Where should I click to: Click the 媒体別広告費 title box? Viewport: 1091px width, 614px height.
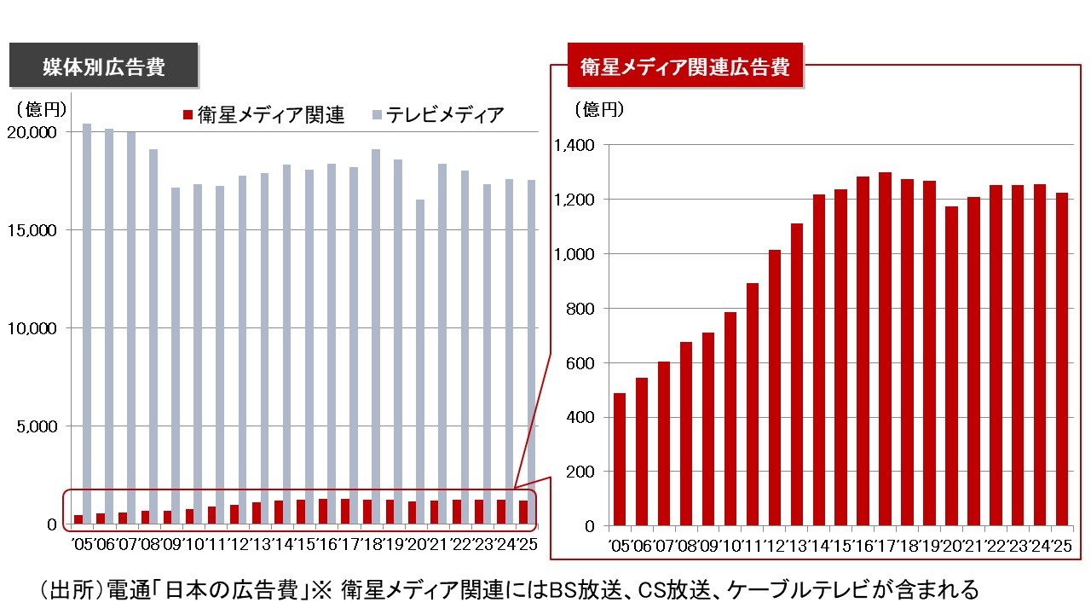(x=104, y=67)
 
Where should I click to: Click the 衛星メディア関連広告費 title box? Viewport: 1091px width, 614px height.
(x=685, y=67)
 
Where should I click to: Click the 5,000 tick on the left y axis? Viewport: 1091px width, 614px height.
(x=38, y=426)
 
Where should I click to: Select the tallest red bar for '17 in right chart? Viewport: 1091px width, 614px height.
(x=886, y=350)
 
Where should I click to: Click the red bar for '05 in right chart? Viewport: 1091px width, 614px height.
(x=620, y=460)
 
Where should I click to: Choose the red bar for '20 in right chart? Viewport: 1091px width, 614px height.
(x=951, y=367)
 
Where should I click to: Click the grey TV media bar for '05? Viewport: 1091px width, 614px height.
(x=87, y=324)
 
